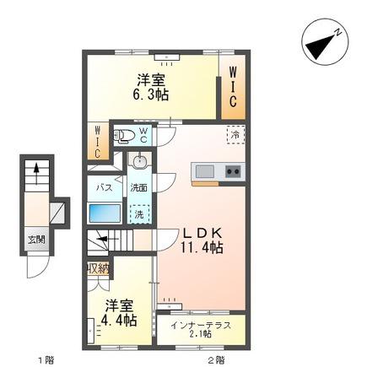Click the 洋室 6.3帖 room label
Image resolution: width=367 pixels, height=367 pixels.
pyautogui.click(x=151, y=88)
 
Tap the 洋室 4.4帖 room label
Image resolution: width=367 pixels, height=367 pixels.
pyautogui.click(x=119, y=313)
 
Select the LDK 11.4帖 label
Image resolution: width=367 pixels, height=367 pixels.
pyautogui.click(x=202, y=240)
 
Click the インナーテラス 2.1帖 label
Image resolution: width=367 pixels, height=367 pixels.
pyautogui.click(x=201, y=330)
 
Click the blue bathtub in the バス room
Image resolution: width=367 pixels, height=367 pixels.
pyautogui.click(x=105, y=213)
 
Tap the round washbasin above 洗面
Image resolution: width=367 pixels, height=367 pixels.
pyautogui.click(x=139, y=161)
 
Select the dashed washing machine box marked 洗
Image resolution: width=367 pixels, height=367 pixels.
pyautogui.click(x=139, y=214)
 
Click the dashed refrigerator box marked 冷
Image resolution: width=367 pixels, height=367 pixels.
pyautogui.click(x=235, y=135)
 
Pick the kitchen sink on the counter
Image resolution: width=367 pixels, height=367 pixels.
pyautogui.click(x=205, y=171)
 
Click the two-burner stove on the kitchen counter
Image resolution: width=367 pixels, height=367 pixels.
pyautogui.click(x=233, y=171)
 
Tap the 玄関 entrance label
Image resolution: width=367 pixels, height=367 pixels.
pyautogui.click(x=36, y=240)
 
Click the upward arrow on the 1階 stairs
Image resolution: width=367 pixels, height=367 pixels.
pyautogui.click(x=36, y=174)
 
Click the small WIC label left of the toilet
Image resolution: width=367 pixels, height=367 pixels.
pyautogui.click(x=97, y=142)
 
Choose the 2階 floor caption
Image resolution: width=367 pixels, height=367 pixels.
pyautogui.click(x=216, y=359)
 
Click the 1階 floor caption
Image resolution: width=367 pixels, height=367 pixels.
pyautogui.click(x=46, y=359)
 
